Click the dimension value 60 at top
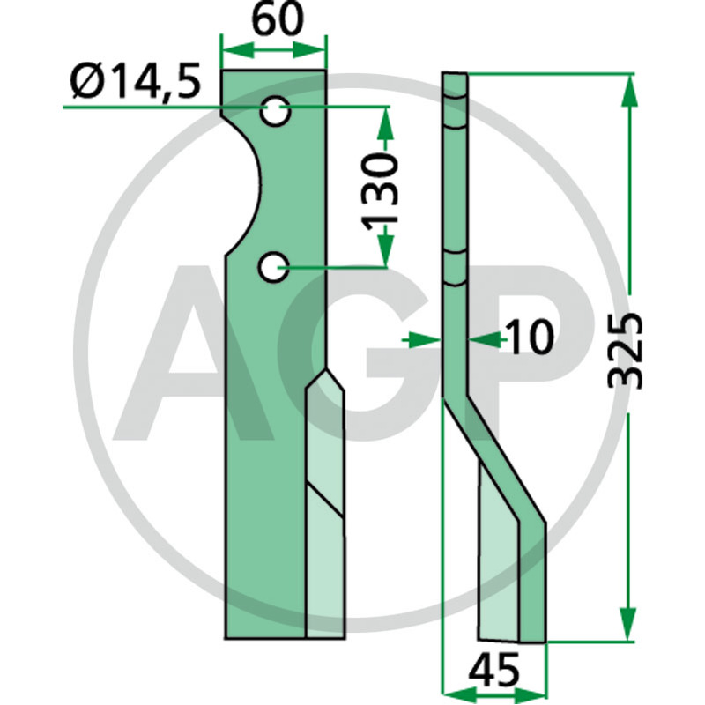274,19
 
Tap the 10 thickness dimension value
529,337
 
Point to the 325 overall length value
629,349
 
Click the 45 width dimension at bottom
493,672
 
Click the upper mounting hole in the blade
276,112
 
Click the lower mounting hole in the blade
276,265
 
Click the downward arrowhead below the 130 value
383,255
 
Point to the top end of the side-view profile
456,76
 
